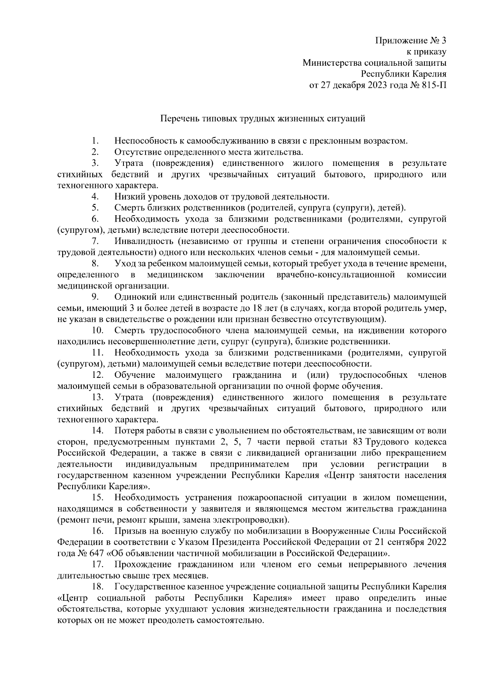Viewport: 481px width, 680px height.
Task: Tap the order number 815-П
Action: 434,85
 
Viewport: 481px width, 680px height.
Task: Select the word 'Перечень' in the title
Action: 178,119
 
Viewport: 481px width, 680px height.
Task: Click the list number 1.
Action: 95,141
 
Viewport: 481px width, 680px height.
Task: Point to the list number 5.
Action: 95,208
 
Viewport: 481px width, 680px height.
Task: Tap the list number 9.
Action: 95,297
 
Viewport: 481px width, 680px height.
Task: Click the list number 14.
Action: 97,431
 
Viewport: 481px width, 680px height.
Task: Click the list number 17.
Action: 97,565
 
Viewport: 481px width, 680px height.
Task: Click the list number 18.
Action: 97,587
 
